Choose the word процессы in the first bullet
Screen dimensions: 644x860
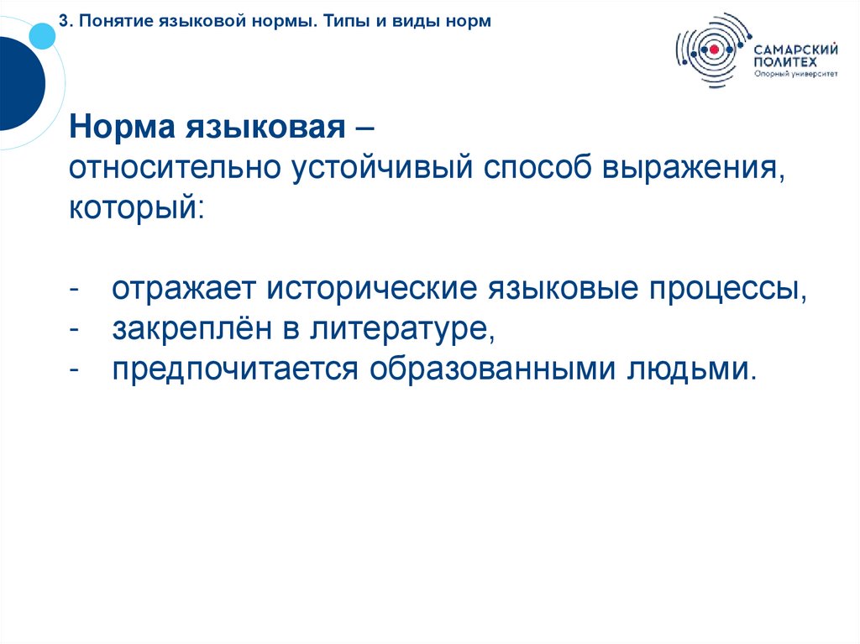pyautogui.click(x=726, y=290)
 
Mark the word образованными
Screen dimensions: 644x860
pyautogui.click(x=490, y=368)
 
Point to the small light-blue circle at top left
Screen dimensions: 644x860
pyautogui.click(x=41, y=34)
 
